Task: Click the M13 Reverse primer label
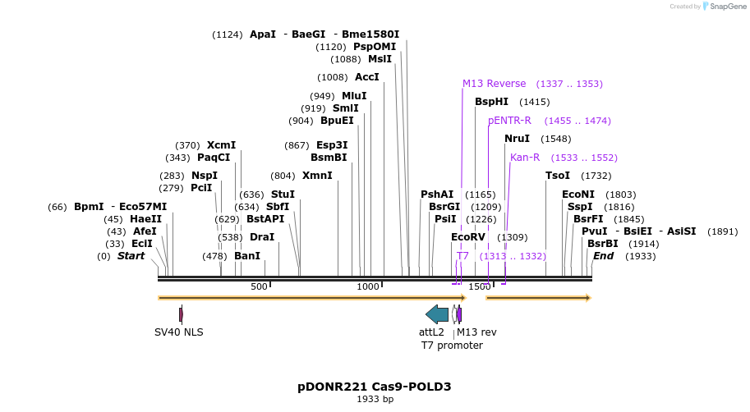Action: pyautogui.click(x=494, y=84)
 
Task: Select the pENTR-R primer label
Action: pyautogui.click(x=509, y=121)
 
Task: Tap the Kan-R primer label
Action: pyautogui.click(x=525, y=158)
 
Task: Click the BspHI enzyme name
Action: pyautogui.click(x=491, y=102)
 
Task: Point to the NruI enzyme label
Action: pyautogui.click(x=517, y=139)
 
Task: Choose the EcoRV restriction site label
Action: pyautogui.click(x=468, y=237)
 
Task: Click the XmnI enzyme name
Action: pyautogui.click(x=317, y=176)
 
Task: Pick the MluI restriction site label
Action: pyautogui.click(x=354, y=96)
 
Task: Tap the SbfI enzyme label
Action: pyautogui.click(x=278, y=207)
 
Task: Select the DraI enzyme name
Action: pyautogui.click(x=262, y=237)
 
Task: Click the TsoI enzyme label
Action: pyautogui.click(x=558, y=176)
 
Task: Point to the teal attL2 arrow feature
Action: pyautogui.click(x=437, y=314)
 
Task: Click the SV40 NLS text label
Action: pyautogui.click(x=179, y=332)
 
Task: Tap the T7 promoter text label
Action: pyautogui.click(x=452, y=346)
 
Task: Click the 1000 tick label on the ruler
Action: pyautogui.click(x=368, y=286)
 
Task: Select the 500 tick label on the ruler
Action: pyautogui.click(x=260, y=286)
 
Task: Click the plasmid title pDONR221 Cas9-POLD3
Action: pyautogui.click(x=375, y=387)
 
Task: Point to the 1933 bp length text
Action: pyautogui.click(x=375, y=400)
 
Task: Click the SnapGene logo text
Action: pyautogui.click(x=723, y=7)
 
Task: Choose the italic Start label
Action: pyautogui.click(x=131, y=256)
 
